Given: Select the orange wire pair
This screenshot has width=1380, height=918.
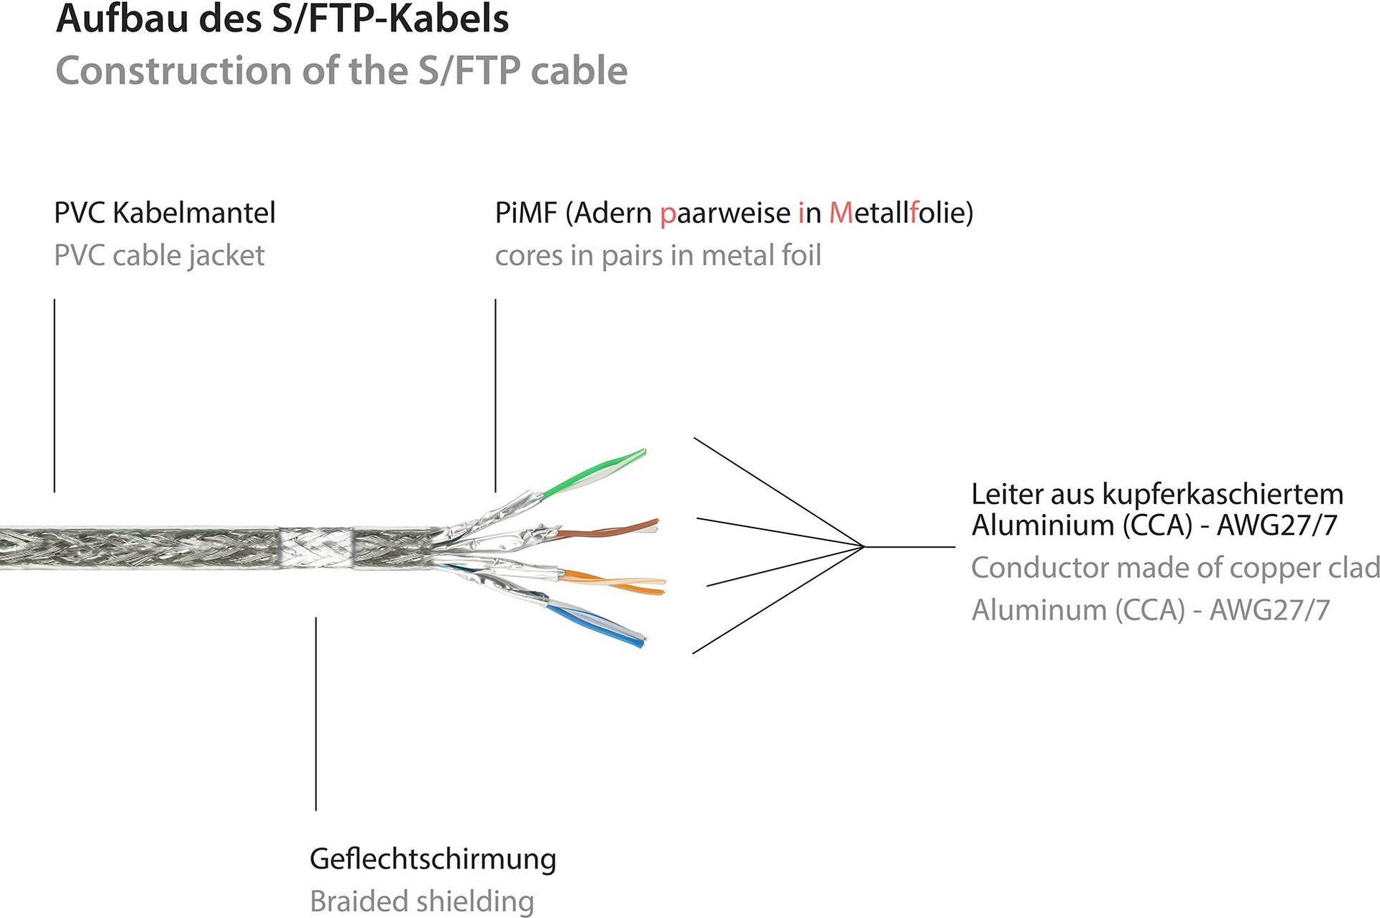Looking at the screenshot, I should click(x=618, y=581).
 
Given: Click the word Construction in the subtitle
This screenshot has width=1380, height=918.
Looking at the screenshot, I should click(x=173, y=71).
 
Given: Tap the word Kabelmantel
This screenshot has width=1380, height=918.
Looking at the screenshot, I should click(x=194, y=213).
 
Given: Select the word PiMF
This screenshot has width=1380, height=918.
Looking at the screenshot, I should click(x=525, y=213).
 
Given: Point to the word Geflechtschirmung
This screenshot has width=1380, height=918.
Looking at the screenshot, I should click(x=433, y=859).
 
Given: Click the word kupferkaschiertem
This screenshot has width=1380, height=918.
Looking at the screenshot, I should click(x=1223, y=495).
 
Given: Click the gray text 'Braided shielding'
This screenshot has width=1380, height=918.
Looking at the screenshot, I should click(x=422, y=901).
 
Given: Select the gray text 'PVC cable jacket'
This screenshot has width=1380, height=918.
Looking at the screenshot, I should click(x=159, y=256).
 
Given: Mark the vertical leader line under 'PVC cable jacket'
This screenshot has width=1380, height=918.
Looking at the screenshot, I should click(x=55, y=395).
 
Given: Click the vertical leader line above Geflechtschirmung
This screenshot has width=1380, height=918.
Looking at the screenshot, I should click(x=316, y=712).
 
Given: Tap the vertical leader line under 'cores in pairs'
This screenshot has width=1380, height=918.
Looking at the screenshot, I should click(x=495, y=395).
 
